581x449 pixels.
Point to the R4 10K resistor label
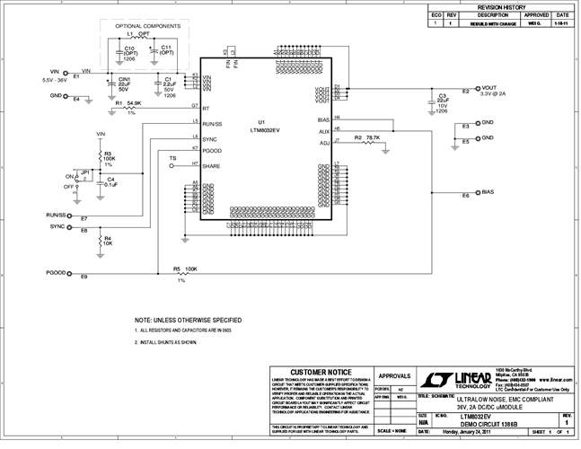pyautogui.click(x=108, y=240)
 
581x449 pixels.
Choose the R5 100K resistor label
pyautogui.click(x=185, y=269)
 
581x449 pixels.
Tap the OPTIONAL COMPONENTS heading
pyautogui.click(x=148, y=26)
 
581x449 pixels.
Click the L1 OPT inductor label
pyautogui.click(x=138, y=34)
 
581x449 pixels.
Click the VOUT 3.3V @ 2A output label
pyautogui.click(x=493, y=91)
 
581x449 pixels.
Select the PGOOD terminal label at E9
pyautogui.click(x=58, y=271)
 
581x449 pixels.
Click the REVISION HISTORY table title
pyautogui.click(x=500, y=6)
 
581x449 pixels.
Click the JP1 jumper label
pyautogui.click(x=85, y=171)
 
